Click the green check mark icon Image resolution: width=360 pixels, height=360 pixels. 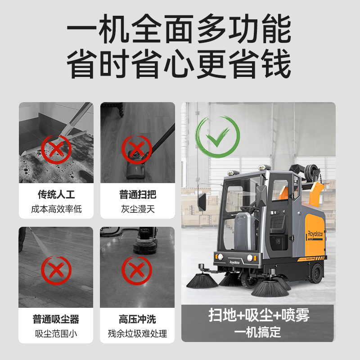point(218,137)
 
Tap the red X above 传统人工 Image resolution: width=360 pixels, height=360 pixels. point(56,149)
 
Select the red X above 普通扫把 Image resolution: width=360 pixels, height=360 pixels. point(137,149)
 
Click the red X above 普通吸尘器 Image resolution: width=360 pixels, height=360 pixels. point(56,270)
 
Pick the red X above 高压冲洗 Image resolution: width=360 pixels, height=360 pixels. point(137,270)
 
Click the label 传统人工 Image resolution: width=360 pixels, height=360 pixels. point(56,194)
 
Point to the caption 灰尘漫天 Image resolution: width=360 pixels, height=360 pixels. point(138,209)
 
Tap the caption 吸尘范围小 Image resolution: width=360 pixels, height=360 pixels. point(56,333)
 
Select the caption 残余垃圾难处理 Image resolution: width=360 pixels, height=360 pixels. point(137,333)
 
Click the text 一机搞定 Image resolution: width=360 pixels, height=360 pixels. point(257,332)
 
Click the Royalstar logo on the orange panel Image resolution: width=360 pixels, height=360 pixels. point(315,234)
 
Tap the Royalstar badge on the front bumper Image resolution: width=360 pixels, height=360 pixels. point(234,262)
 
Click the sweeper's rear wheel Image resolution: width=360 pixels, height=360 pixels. point(316,273)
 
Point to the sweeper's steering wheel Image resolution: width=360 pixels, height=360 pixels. point(250,208)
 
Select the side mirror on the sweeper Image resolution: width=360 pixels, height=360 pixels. point(202,202)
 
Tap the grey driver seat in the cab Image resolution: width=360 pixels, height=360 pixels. point(245,230)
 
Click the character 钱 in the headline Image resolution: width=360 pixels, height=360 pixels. point(276,64)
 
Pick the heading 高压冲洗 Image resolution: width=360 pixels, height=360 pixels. point(137,319)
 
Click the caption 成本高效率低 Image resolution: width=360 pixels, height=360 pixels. point(57,209)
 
